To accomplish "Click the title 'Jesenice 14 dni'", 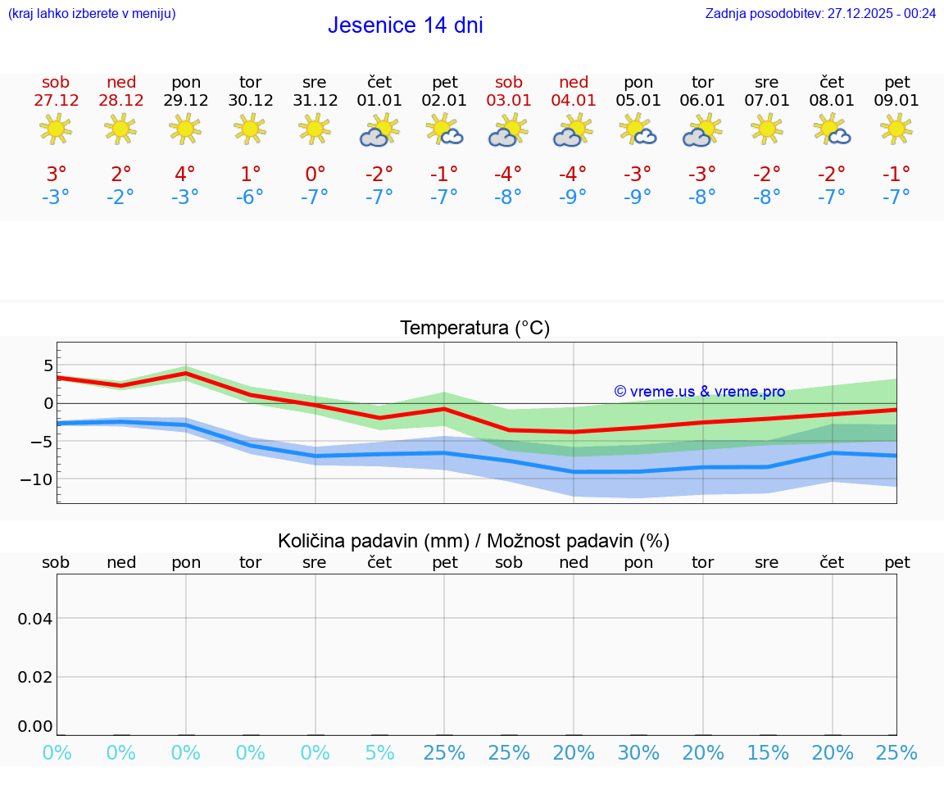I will [x=405, y=25].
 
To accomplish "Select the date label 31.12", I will [x=315, y=101].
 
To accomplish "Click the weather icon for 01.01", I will [x=379, y=130].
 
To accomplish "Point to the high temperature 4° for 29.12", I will [x=185, y=174].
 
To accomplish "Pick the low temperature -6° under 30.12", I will [x=250, y=197].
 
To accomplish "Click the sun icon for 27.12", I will [x=56, y=129].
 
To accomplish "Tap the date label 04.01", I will [x=574, y=101].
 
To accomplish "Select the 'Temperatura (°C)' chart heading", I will [x=474, y=329].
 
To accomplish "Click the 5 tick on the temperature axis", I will [x=48, y=365].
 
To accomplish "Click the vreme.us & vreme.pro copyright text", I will [x=699, y=392].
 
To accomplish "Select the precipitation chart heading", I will [x=474, y=541].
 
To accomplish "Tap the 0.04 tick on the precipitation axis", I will [x=35, y=619].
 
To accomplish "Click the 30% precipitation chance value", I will [x=638, y=753].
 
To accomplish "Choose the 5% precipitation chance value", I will [x=379, y=753].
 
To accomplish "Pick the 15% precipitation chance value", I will [x=768, y=753].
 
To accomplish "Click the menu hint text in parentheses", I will [x=91, y=13].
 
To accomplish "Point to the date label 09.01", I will [x=897, y=101].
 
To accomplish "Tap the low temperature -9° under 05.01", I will [x=638, y=197].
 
